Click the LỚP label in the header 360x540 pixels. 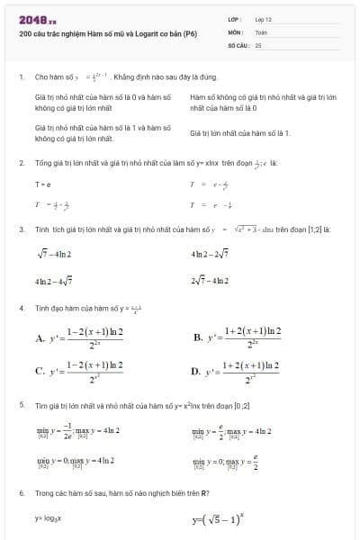click(234, 18)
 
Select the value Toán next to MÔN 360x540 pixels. click(261, 31)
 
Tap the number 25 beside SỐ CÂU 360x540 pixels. click(258, 43)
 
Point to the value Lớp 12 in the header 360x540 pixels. click(263, 18)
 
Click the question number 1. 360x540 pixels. click(21, 77)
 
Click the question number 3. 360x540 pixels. click(21, 229)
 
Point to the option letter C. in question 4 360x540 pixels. click(40, 370)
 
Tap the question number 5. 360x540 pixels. click(21, 406)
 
